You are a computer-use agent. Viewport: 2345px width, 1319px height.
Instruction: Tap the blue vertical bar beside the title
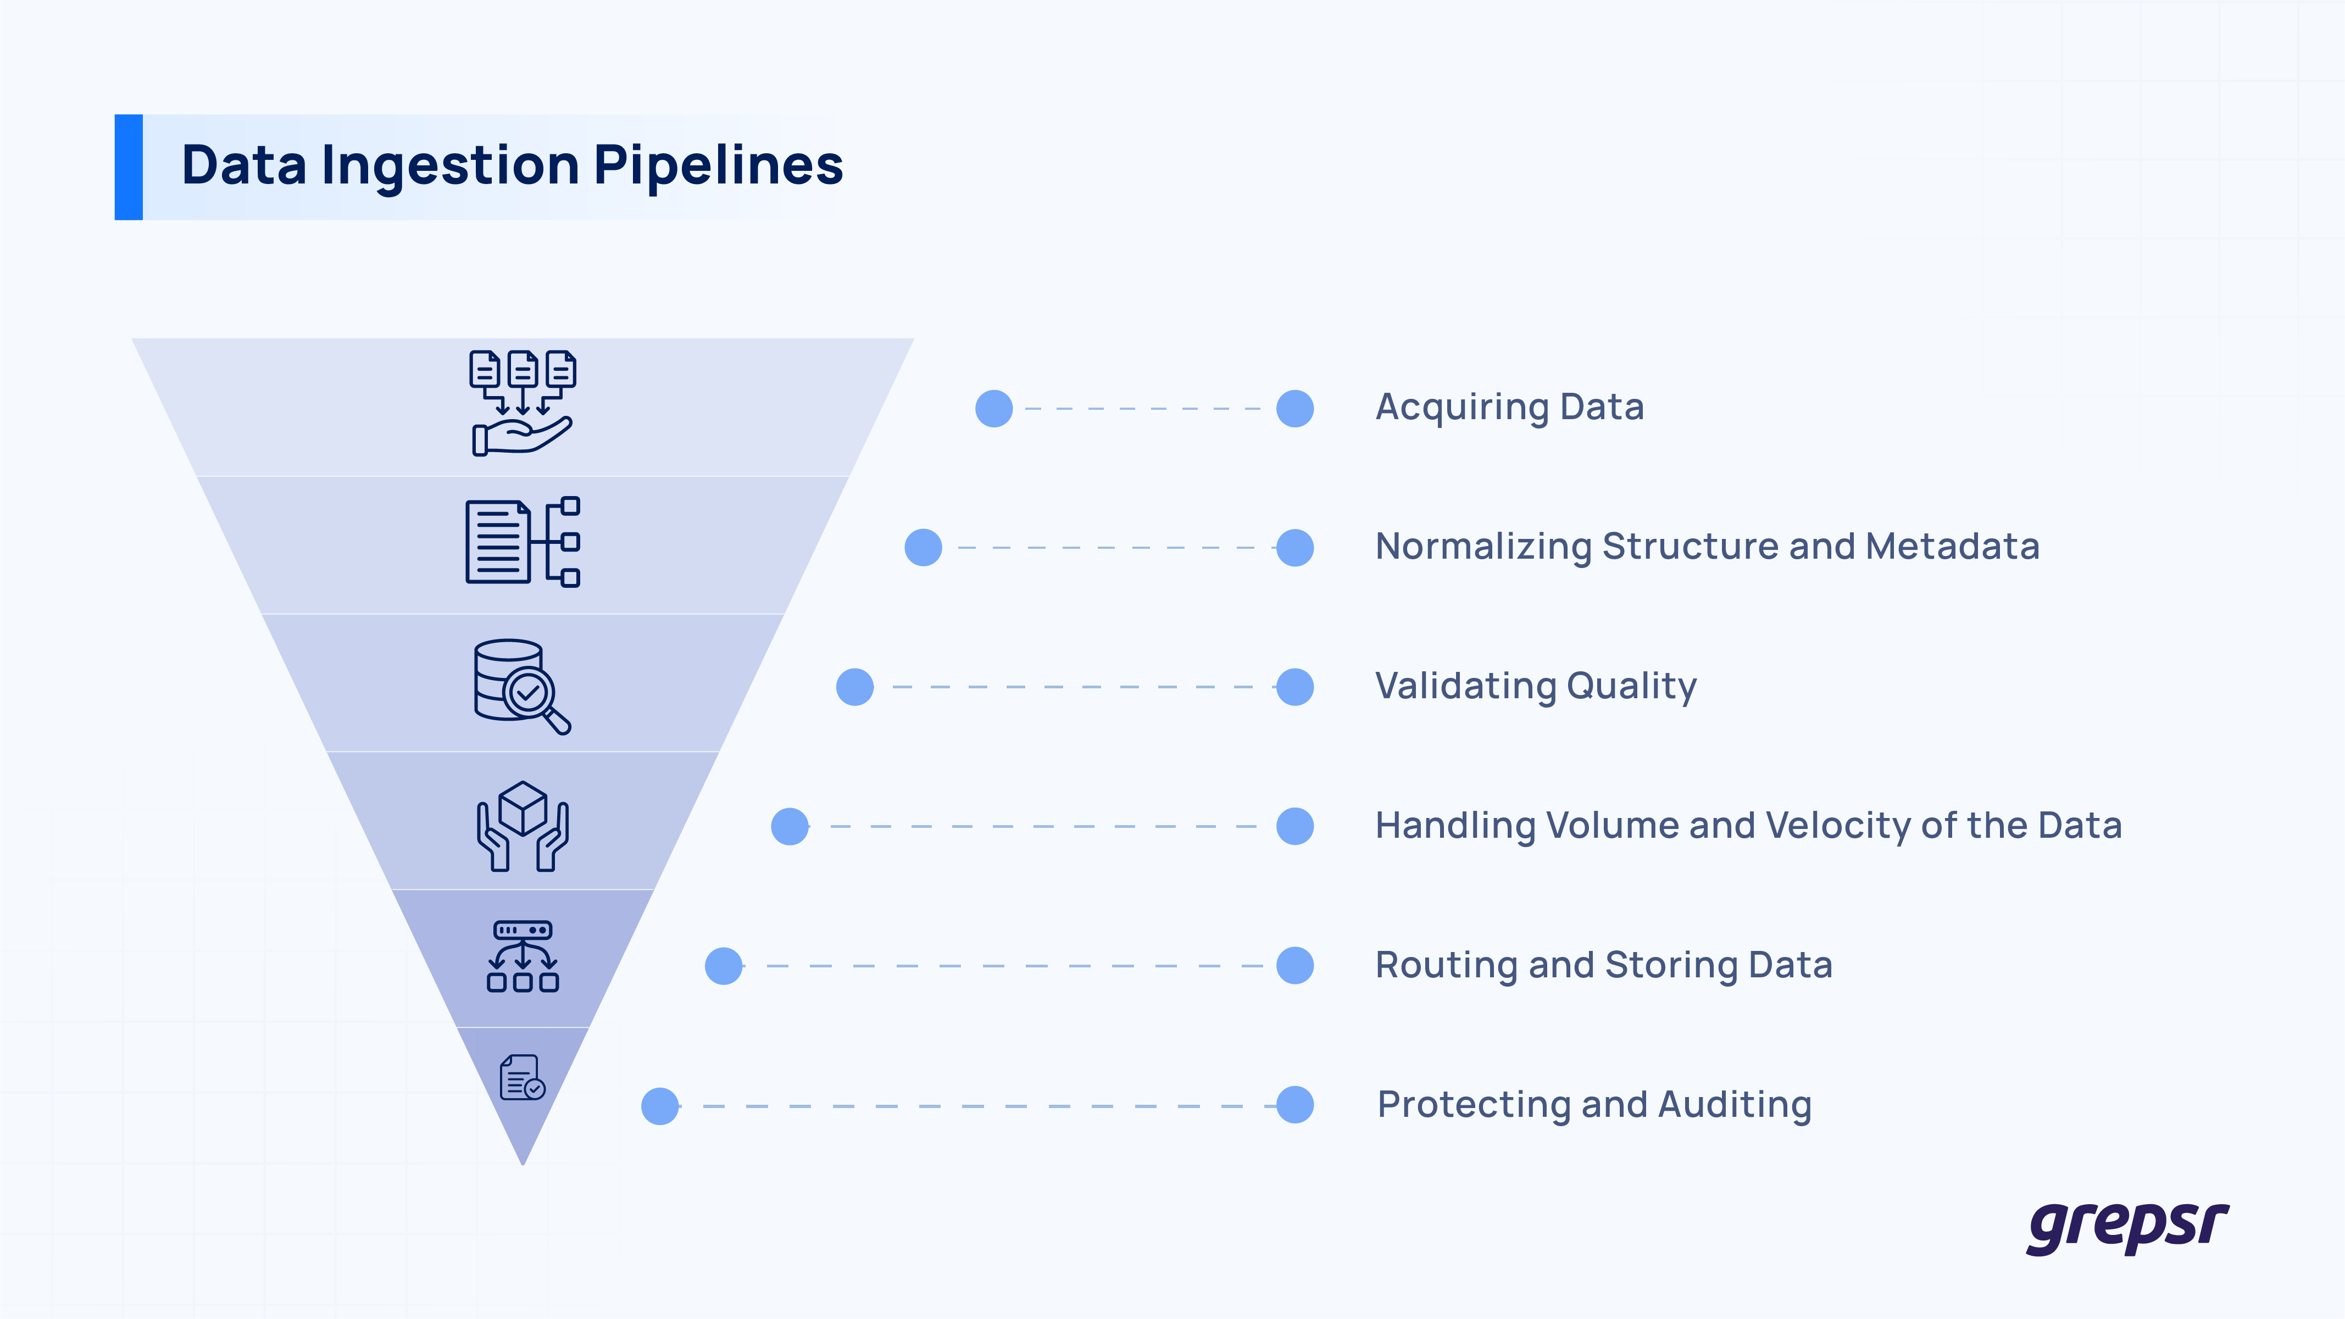tap(129, 166)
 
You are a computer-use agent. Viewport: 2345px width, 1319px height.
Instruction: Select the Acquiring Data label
tap(1509, 407)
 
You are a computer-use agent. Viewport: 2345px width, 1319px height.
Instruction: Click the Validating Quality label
tap(1536, 686)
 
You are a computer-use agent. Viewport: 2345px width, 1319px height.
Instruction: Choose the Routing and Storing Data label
tap(1603, 965)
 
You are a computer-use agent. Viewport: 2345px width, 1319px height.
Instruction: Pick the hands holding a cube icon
tap(523, 826)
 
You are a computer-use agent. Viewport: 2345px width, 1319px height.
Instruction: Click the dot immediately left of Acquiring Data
tap(1294, 409)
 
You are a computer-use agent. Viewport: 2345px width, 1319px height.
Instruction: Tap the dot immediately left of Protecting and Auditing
tap(1294, 1105)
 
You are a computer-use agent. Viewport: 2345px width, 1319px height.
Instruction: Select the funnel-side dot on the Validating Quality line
tap(855, 687)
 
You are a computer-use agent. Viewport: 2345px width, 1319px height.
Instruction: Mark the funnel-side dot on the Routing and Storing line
tap(724, 966)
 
